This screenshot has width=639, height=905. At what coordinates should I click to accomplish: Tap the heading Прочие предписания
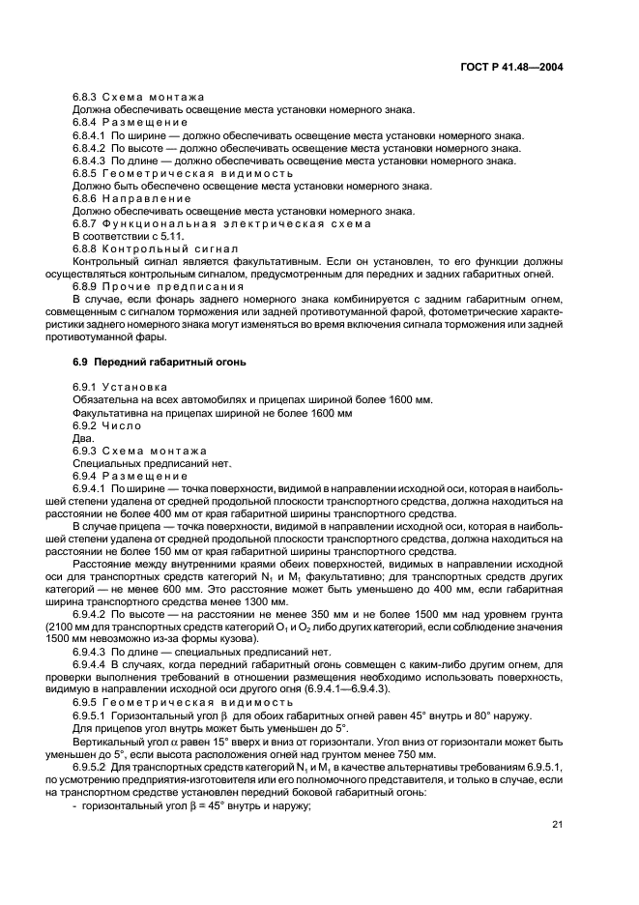click(x=171, y=286)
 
